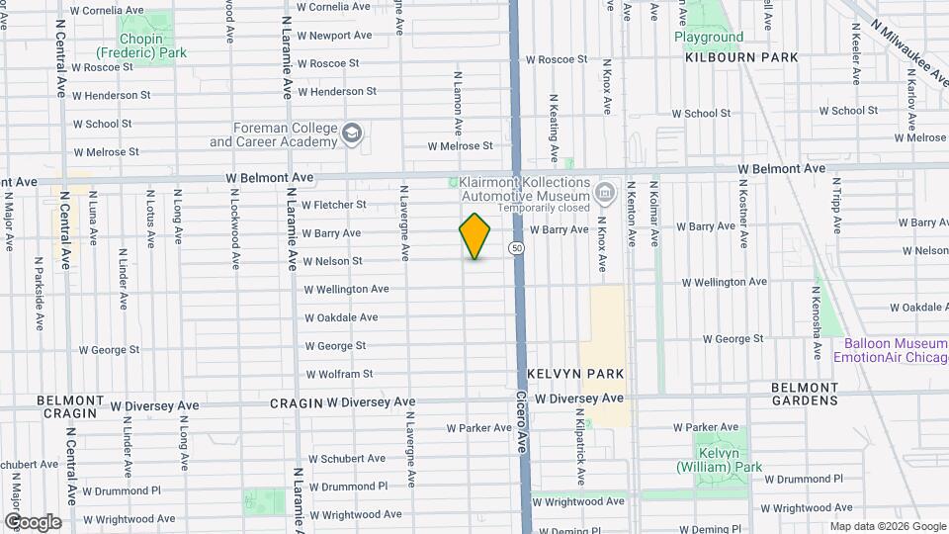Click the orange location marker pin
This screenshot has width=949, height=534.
(x=475, y=236)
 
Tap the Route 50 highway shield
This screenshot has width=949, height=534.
(x=516, y=247)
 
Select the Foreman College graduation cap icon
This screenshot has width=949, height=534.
(x=352, y=133)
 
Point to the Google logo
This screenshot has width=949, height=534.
(x=32, y=522)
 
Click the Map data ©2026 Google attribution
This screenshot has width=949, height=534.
(x=887, y=526)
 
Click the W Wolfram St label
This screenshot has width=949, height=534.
(x=339, y=375)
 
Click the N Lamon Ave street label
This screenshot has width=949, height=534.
(x=458, y=103)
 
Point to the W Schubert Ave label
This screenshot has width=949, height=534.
(x=347, y=459)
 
